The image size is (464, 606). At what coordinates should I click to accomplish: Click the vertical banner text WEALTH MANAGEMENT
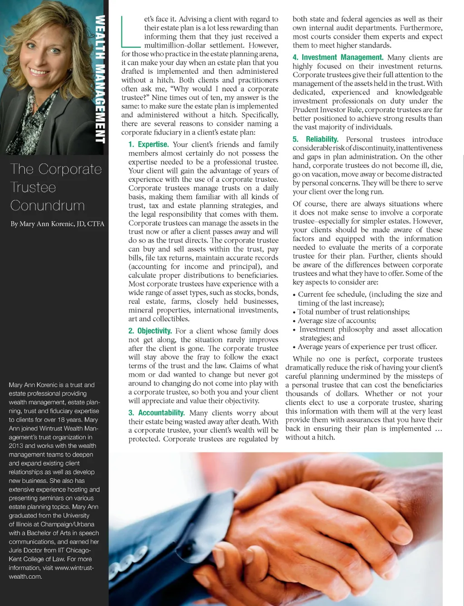(100, 79)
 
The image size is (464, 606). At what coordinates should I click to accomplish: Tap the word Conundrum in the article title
(48, 205)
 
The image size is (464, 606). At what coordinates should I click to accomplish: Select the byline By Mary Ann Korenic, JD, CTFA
(58, 224)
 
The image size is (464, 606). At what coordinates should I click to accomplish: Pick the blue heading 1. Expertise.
(148, 144)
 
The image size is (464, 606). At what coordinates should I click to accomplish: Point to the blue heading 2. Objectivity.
(150, 331)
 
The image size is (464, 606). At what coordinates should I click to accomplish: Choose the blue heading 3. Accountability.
(156, 413)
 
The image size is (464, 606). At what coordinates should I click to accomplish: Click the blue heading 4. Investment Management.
(338, 57)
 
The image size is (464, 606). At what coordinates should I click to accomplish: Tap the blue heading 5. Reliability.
(315, 139)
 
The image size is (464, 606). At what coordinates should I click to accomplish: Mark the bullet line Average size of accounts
(337, 320)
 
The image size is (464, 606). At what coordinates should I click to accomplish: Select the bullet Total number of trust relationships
(353, 312)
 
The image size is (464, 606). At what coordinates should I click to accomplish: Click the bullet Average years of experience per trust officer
(367, 347)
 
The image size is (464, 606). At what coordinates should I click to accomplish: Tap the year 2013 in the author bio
(17, 446)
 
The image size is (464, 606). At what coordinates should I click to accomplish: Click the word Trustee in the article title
(33, 187)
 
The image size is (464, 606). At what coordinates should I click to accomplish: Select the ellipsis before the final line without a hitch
(438, 429)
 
